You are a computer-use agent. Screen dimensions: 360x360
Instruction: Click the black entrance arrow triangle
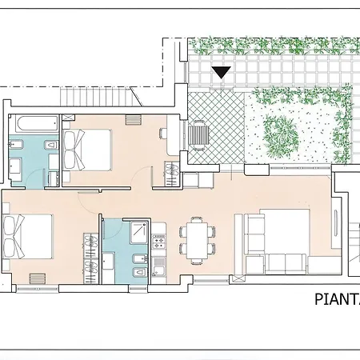point(222,72)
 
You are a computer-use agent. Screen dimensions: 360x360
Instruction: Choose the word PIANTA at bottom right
point(336,300)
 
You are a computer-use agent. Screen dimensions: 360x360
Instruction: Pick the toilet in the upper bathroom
point(48,146)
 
